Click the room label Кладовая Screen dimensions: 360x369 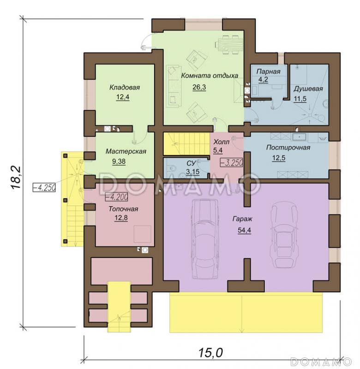pos(125,88)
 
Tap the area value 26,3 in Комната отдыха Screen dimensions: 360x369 pos(199,87)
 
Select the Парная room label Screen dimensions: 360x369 pos(269,71)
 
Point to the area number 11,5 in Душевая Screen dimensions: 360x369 pos(300,99)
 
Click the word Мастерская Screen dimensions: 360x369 pos(126,151)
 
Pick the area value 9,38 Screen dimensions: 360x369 pos(119,161)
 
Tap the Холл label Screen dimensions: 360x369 pos(222,142)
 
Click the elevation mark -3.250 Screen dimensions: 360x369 pos(231,162)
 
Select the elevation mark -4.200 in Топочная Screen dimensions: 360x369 pos(116,197)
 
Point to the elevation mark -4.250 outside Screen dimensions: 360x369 pos(44,188)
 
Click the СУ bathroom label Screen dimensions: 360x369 pos(191,163)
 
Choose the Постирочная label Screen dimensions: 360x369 pos(288,148)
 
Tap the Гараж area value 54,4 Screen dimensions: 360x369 pos(245,230)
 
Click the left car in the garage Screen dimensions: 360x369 pos(204,239)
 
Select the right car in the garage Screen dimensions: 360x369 pos(284,236)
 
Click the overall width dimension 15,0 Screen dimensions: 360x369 pos(211,352)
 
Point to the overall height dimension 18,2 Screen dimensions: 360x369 pos(17,178)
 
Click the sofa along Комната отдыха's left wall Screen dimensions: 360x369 pos(174,86)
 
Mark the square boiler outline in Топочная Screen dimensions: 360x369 pos(143,234)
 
